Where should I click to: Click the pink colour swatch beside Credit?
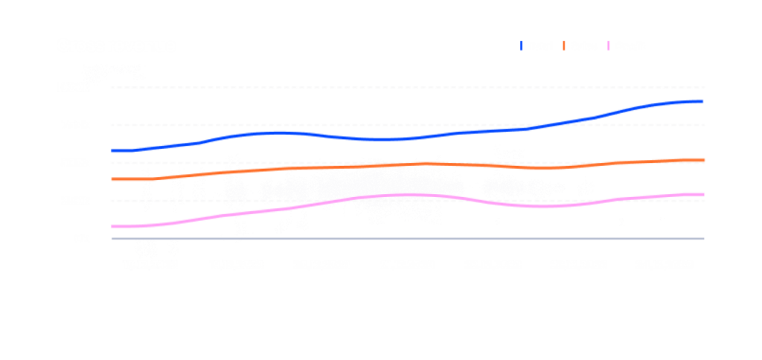pyautogui.click(x=610, y=46)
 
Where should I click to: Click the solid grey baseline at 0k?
pyautogui.click(x=446, y=239)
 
